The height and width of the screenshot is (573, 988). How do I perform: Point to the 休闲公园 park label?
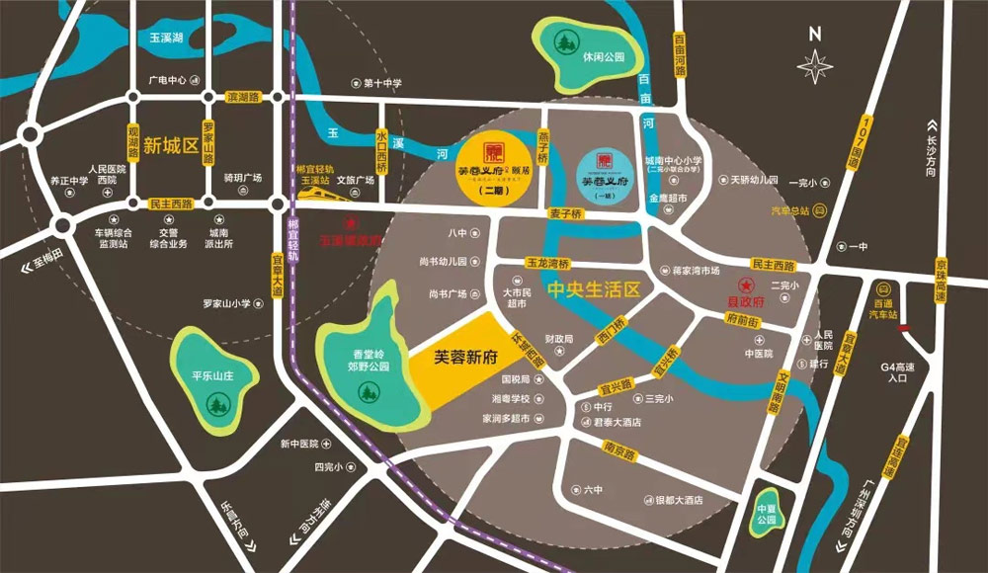click(604, 57)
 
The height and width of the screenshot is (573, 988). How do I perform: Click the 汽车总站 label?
click(791, 210)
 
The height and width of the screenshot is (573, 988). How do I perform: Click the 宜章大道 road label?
click(278, 270)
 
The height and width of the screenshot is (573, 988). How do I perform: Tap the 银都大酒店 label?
click(678, 500)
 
